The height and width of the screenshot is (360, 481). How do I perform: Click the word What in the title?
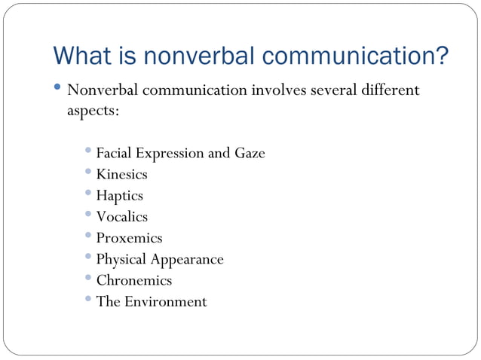[x=82, y=56]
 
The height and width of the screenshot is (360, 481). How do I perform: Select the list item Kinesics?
[x=121, y=175]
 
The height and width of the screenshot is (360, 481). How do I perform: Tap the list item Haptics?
[x=119, y=196]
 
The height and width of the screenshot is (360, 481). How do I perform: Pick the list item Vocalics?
[x=121, y=217]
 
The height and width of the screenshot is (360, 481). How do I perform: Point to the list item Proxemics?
[x=129, y=238]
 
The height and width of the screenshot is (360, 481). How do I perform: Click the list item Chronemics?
[x=133, y=280]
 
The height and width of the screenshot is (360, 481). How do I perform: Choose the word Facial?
[x=114, y=154]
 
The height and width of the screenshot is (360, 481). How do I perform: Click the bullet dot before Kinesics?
[x=89, y=172]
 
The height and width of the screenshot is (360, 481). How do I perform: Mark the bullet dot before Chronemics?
[x=89, y=278]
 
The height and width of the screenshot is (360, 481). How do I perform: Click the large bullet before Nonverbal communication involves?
[x=60, y=90]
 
